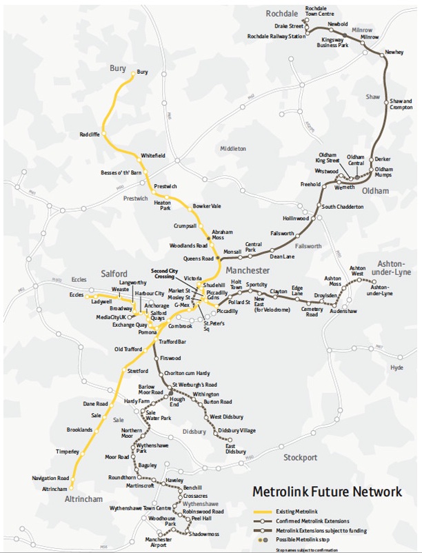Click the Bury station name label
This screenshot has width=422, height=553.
[x=143, y=72]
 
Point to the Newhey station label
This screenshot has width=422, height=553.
[x=394, y=52]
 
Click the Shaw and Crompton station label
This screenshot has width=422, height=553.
[x=401, y=104]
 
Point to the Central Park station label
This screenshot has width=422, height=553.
[x=253, y=248]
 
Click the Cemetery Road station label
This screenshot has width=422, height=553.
[x=312, y=312]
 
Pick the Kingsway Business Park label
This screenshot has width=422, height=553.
[x=330, y=44]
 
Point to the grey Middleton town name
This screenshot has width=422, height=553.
[x=232, y=148]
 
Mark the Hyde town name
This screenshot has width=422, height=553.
[x=396, y=368]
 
